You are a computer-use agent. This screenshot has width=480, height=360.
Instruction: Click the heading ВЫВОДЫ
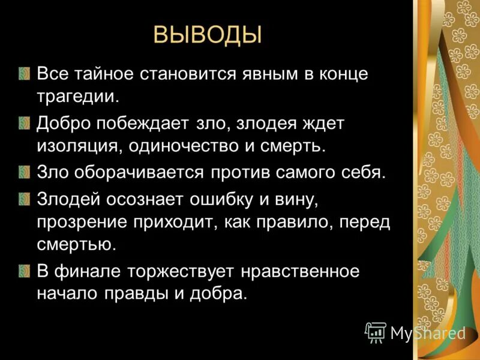coord(208,35)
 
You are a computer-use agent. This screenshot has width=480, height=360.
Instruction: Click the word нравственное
coord(299,271)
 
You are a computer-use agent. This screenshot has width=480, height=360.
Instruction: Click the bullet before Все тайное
coord(23,75)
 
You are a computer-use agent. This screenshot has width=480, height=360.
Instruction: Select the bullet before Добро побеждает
coord(23,124)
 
